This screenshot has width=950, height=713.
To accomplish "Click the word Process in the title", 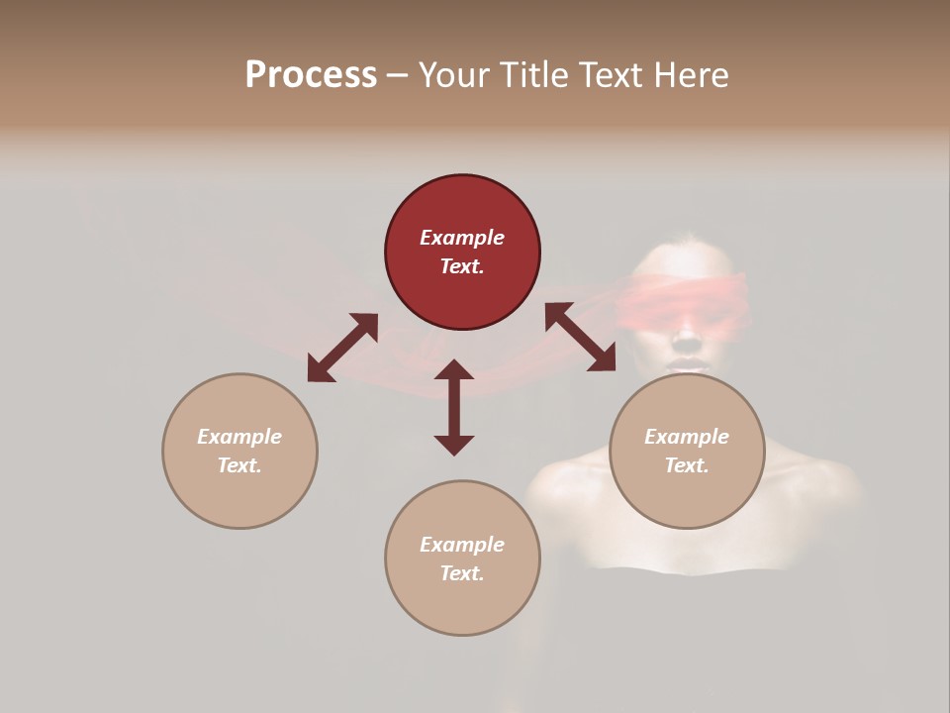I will [311, 75].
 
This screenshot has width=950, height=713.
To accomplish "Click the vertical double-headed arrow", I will [454, 407].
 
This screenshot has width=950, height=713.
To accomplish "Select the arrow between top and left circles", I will [342, 348].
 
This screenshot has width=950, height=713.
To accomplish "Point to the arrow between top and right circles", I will [580, 337].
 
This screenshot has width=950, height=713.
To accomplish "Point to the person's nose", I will [687, 340].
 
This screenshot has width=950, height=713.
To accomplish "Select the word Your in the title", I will [453, 75].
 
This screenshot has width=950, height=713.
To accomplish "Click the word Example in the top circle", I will [462, 238].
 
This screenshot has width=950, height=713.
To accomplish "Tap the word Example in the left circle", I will [239, 437].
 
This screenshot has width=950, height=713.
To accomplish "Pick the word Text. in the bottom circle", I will [462, 573].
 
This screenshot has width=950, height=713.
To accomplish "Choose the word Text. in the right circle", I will [687, 465].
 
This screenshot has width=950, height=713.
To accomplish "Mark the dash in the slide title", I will [398, 75].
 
